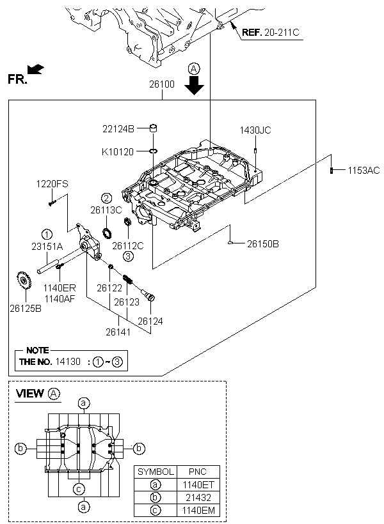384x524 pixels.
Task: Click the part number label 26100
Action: pos(163,84)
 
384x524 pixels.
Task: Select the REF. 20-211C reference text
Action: pos(269,31)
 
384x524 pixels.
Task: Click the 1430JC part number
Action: pos(255,130)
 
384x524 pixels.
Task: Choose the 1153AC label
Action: pos(364,170)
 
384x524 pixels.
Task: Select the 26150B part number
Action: pos(263,244)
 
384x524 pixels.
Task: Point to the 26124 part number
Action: pos(150,321)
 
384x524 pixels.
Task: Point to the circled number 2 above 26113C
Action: pos(106,198)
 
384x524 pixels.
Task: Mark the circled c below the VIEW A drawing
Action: pos(79,489)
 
